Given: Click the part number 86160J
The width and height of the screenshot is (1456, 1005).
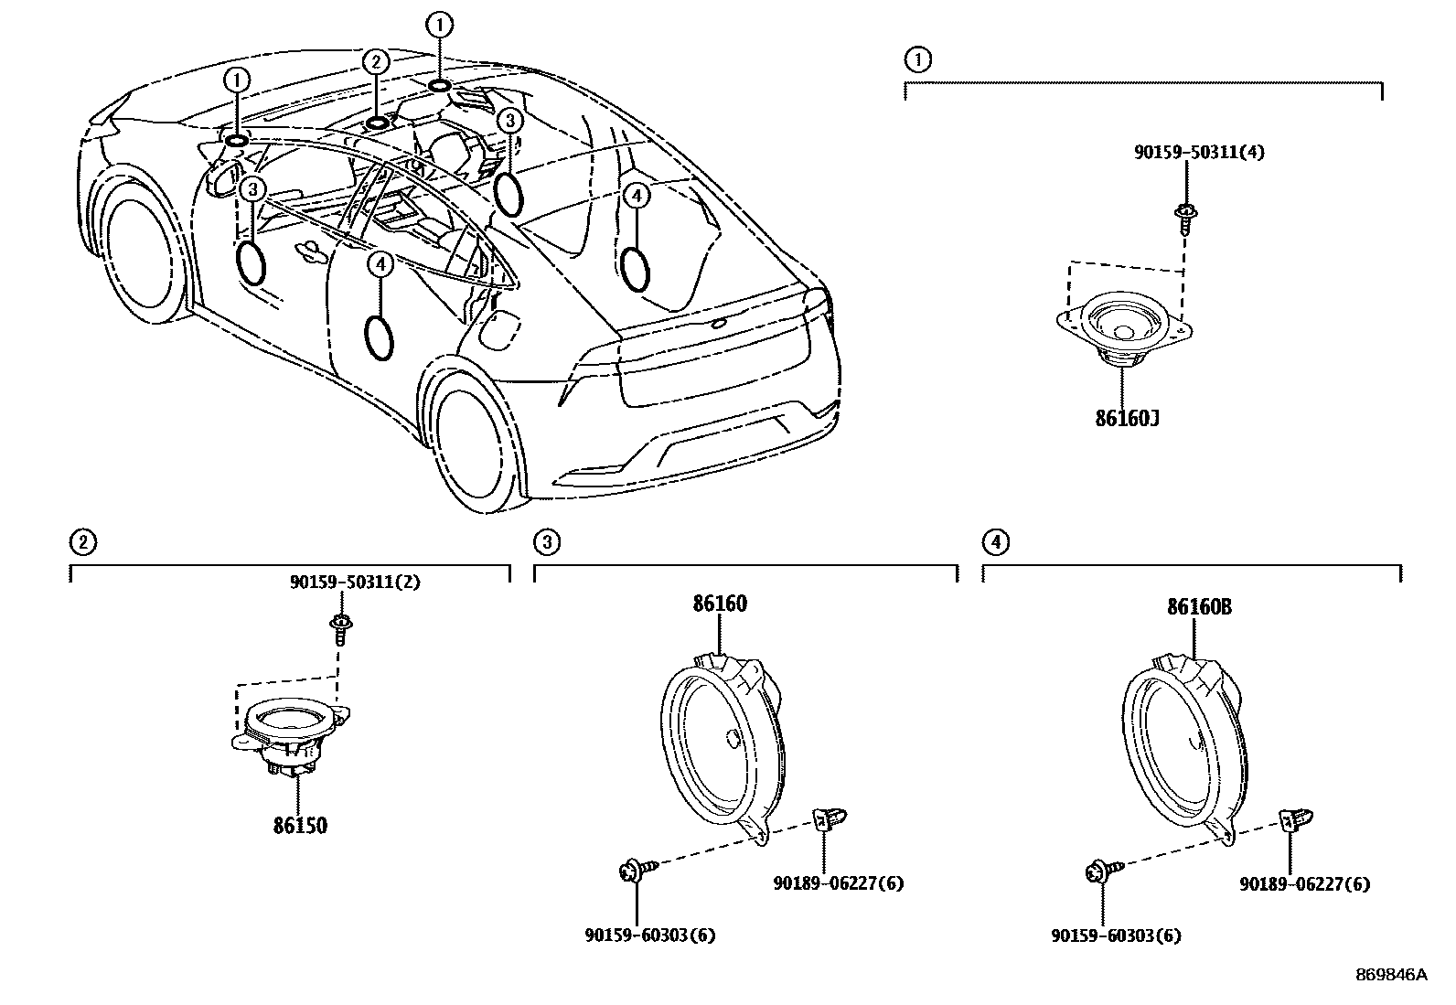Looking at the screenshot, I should coord(1127,419).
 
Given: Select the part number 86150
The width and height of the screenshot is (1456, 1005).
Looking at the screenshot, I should coord(299,826).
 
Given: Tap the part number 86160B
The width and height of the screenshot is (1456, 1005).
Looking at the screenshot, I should coord(1198,606).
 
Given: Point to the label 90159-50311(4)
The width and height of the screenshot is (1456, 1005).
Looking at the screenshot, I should coord(1199,153).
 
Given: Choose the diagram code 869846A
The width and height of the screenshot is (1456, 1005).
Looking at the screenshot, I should coord(1390,975).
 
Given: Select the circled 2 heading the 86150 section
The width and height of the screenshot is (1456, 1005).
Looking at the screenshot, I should coord(82,542).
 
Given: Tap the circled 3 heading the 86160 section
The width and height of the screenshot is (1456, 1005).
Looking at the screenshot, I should coord(545,542).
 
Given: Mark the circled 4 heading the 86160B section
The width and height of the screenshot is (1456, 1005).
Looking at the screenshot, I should coord(995,542).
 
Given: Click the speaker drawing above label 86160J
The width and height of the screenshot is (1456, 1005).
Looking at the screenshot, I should coord(1125,331).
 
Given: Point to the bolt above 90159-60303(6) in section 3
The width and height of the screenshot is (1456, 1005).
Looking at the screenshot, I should coord(631,871).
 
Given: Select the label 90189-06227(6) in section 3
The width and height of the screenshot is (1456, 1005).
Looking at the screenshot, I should coord(838,883).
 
